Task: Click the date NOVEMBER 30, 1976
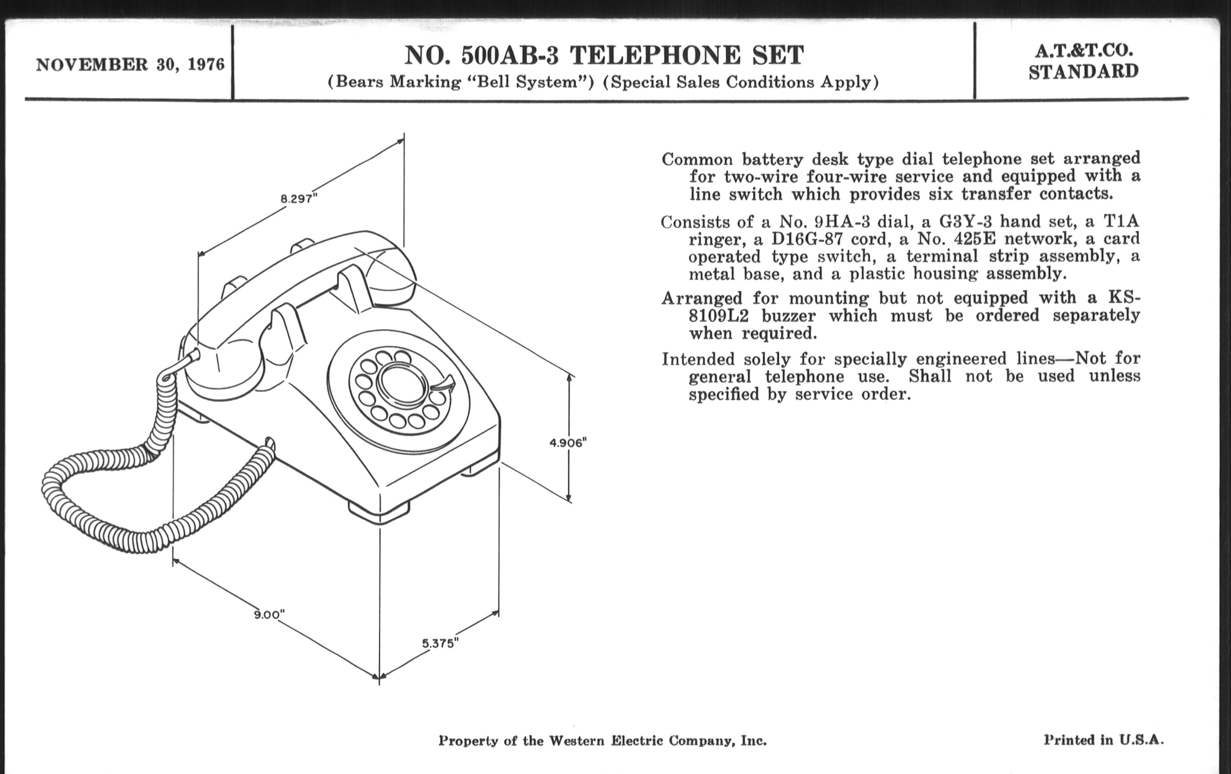click(130, 65)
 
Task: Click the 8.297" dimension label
click(299, 199)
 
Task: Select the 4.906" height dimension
click(567, 443)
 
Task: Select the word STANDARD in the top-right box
click(1084, 71)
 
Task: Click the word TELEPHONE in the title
click(655, 56)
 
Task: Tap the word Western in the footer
click(577, 741)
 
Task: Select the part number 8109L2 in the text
click(718, 316)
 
